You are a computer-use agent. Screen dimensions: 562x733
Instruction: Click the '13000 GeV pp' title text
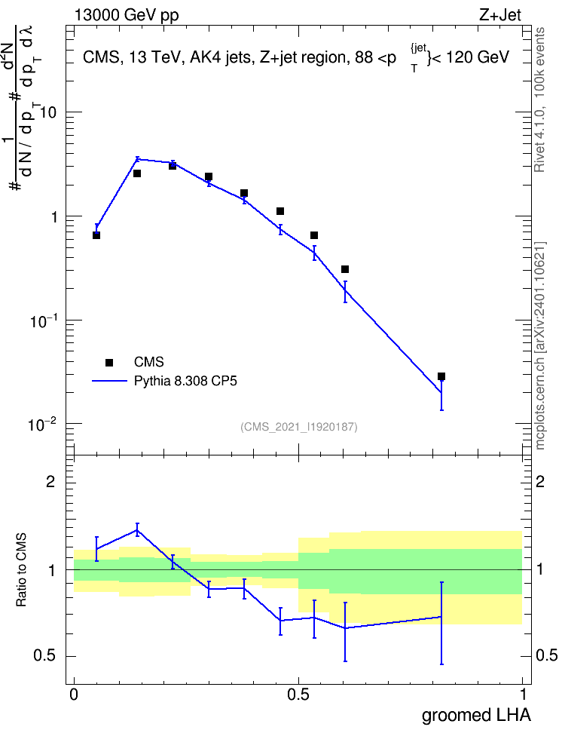point(127,15)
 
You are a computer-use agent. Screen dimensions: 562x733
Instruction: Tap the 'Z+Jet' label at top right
point(500,15)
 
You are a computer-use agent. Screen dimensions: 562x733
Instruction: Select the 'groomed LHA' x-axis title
point(476,715)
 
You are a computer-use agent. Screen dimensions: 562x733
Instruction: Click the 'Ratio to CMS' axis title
point(21,570)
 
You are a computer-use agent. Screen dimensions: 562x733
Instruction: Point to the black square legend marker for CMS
point(108,362)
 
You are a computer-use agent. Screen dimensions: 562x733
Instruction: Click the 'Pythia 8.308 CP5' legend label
point(185,381)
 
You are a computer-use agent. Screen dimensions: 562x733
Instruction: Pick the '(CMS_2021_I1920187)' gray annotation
point(299,427)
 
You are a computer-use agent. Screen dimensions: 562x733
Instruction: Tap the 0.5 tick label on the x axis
point(298,695)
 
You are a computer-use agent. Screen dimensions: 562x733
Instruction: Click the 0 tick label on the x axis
point(74,695)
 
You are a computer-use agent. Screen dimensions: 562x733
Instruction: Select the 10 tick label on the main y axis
point(48,112)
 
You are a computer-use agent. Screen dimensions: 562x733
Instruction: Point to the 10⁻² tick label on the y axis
point(42,425)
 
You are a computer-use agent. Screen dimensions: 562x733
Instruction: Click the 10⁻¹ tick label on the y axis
point(42,321)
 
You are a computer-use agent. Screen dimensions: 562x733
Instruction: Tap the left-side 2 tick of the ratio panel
point(50,481)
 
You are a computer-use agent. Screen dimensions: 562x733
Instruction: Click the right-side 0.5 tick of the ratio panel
point(547,655)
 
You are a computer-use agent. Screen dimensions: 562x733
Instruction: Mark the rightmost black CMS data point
point(441,376)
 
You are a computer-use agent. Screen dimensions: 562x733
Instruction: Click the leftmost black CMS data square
point(96,235)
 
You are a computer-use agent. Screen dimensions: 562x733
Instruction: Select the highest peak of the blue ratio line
point(137,529)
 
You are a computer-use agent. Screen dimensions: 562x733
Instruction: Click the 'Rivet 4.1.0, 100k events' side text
point(539,100)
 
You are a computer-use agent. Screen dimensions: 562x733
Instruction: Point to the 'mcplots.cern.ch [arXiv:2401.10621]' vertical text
point(540,345)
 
